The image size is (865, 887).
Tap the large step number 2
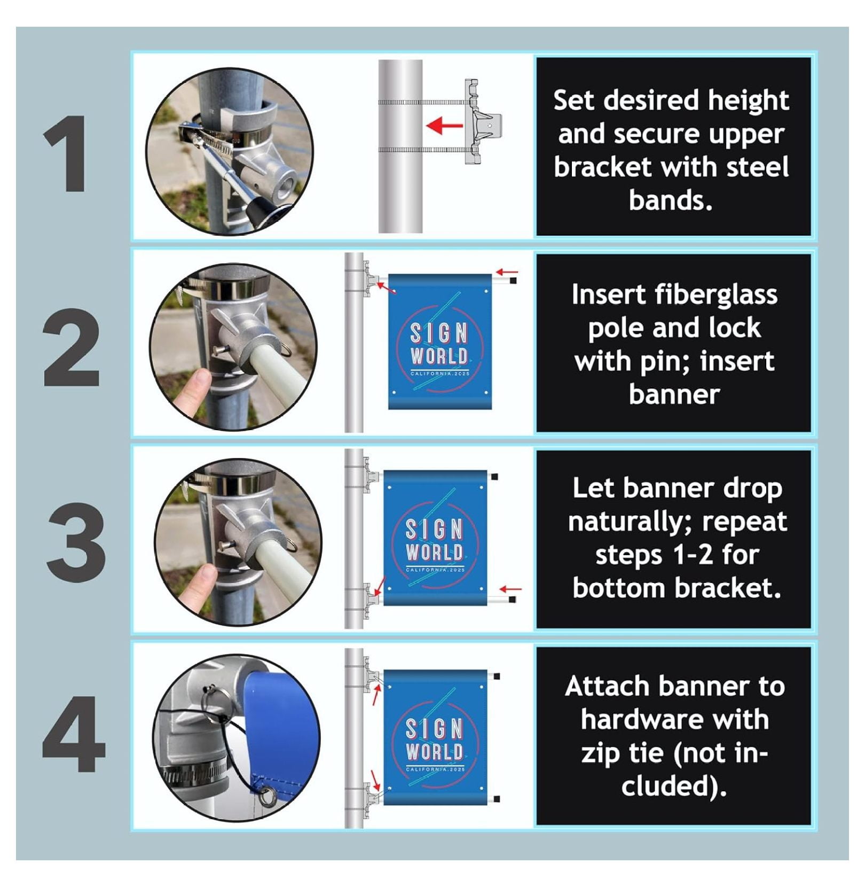pos(71,347)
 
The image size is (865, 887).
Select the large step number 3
pos(75,542)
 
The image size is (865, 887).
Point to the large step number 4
pos(74,735)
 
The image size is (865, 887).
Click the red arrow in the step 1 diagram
pos(444,126)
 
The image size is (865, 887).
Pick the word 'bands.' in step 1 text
pos(671,200)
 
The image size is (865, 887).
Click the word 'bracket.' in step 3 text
pos(729,588)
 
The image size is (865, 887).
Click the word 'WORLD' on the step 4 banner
pos(434,752)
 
